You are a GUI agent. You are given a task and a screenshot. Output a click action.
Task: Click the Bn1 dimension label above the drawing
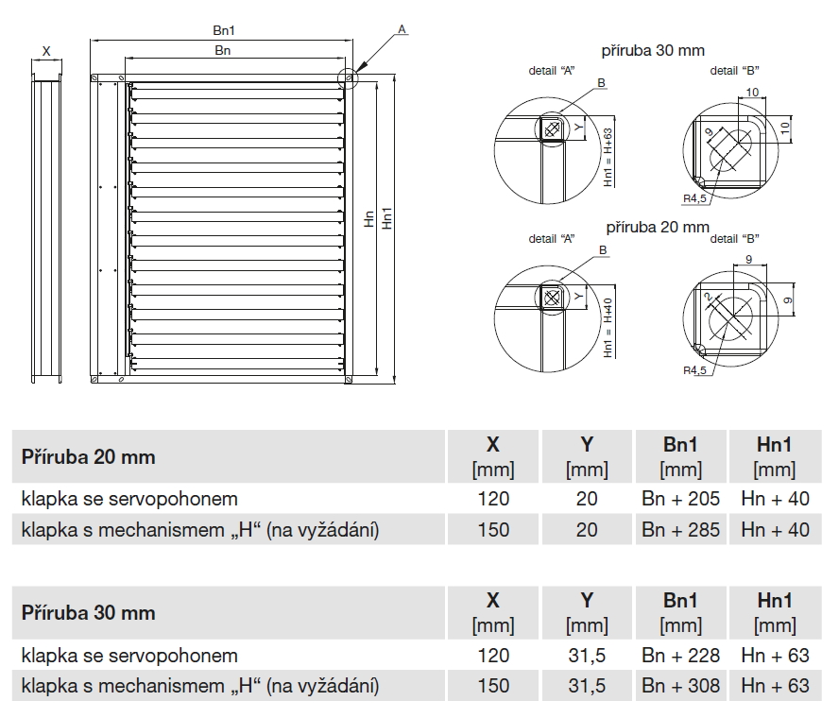(224, 31)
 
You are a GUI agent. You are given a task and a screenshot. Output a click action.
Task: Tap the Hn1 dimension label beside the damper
(387, 218)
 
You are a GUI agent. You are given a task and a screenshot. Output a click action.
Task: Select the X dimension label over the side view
(46, 50)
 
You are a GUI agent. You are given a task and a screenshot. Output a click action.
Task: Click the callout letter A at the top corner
(402, 30)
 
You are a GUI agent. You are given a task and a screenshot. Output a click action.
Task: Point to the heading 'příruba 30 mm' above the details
(653, 50)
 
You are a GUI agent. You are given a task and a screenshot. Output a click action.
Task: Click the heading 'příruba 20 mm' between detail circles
(657, 227)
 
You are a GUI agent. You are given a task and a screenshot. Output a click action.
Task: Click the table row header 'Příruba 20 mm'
(89, 457)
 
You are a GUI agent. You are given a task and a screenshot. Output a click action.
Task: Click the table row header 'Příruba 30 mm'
(89, 612)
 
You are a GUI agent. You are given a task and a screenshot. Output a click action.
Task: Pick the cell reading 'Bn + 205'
(680, 498)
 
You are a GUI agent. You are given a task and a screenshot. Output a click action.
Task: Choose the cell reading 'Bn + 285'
(680, 530)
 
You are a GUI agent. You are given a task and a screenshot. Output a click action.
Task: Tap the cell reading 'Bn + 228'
(680, 655)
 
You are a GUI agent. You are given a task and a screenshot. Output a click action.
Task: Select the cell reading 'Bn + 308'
(680, 686)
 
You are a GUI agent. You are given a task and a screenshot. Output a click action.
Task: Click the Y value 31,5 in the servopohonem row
(587, 655)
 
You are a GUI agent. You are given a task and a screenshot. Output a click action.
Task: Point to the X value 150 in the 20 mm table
(493, 530)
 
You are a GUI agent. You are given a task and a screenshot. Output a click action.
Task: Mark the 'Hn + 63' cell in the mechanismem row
(775, 686)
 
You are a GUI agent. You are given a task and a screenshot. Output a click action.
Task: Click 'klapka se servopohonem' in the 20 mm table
(129, 498)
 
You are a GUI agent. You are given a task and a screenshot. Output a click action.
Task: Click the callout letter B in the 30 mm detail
(601, 83)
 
